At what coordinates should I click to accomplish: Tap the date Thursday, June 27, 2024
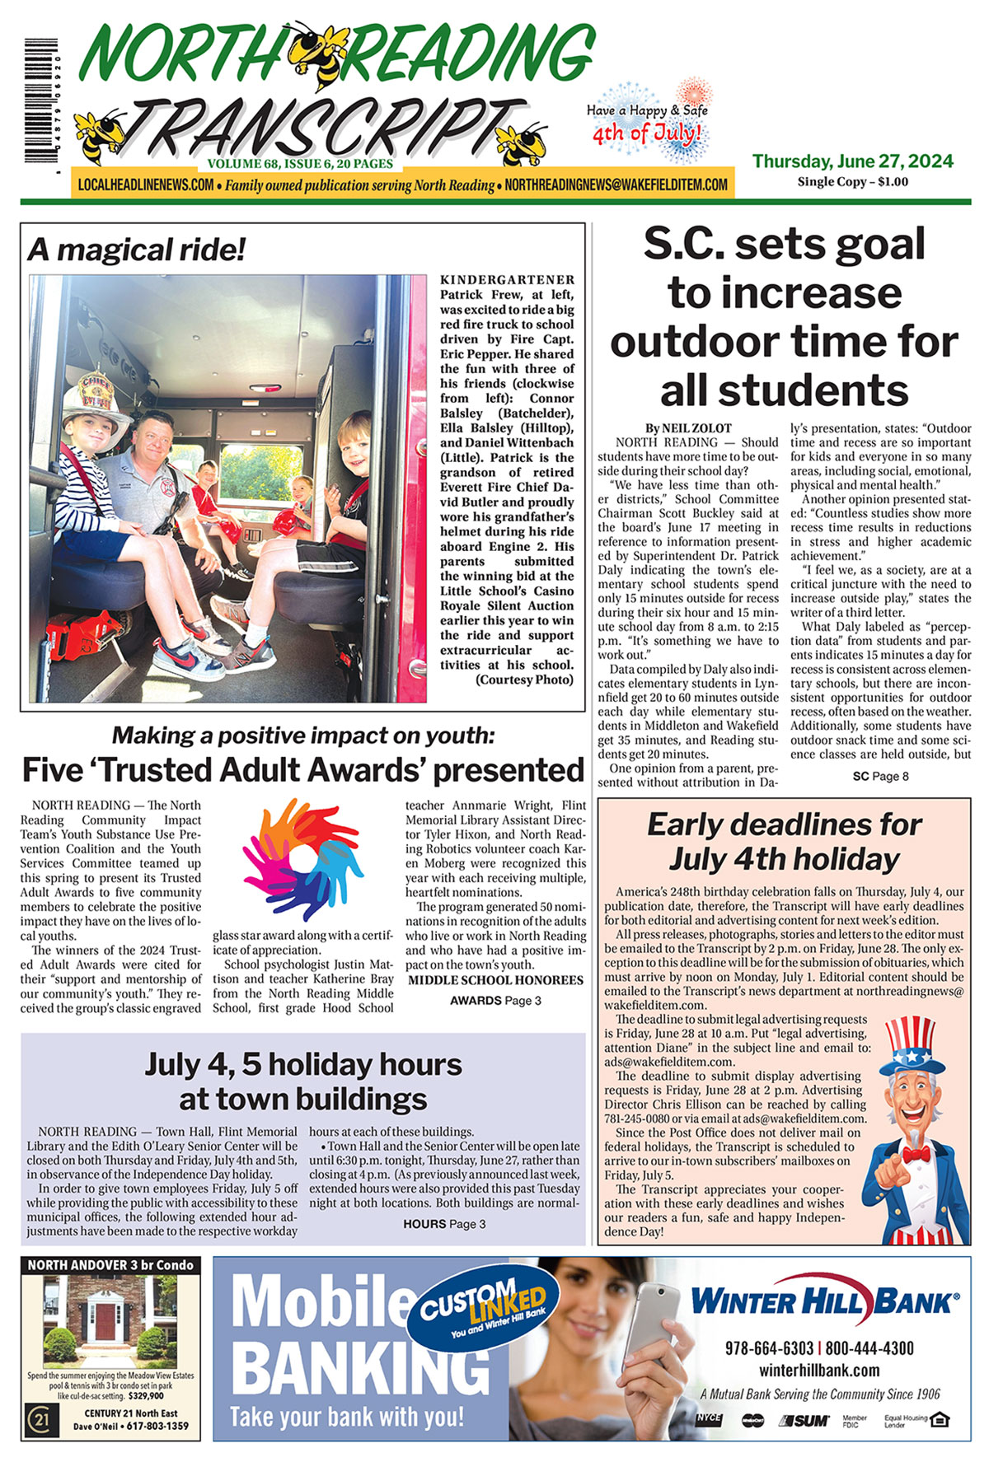[x=852, y=161]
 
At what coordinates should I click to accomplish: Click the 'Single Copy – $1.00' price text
[x=852, y=182]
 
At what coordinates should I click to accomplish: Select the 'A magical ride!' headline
[x=137, y=250]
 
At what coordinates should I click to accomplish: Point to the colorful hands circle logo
[x=302, y=859]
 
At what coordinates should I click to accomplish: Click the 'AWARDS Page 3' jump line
[x=495, y=1001]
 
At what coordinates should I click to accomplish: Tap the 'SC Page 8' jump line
[x=880, y=776]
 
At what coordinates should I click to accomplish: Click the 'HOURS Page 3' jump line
[x=444, y=1224]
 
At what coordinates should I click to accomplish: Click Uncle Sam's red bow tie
[x=916, y=1154]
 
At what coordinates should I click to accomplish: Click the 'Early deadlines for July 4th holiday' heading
[x=783, y=841]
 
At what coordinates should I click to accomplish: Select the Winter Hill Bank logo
[x=824, y=1301]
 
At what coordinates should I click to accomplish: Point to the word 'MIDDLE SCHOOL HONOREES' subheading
[x=495, y=980]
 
